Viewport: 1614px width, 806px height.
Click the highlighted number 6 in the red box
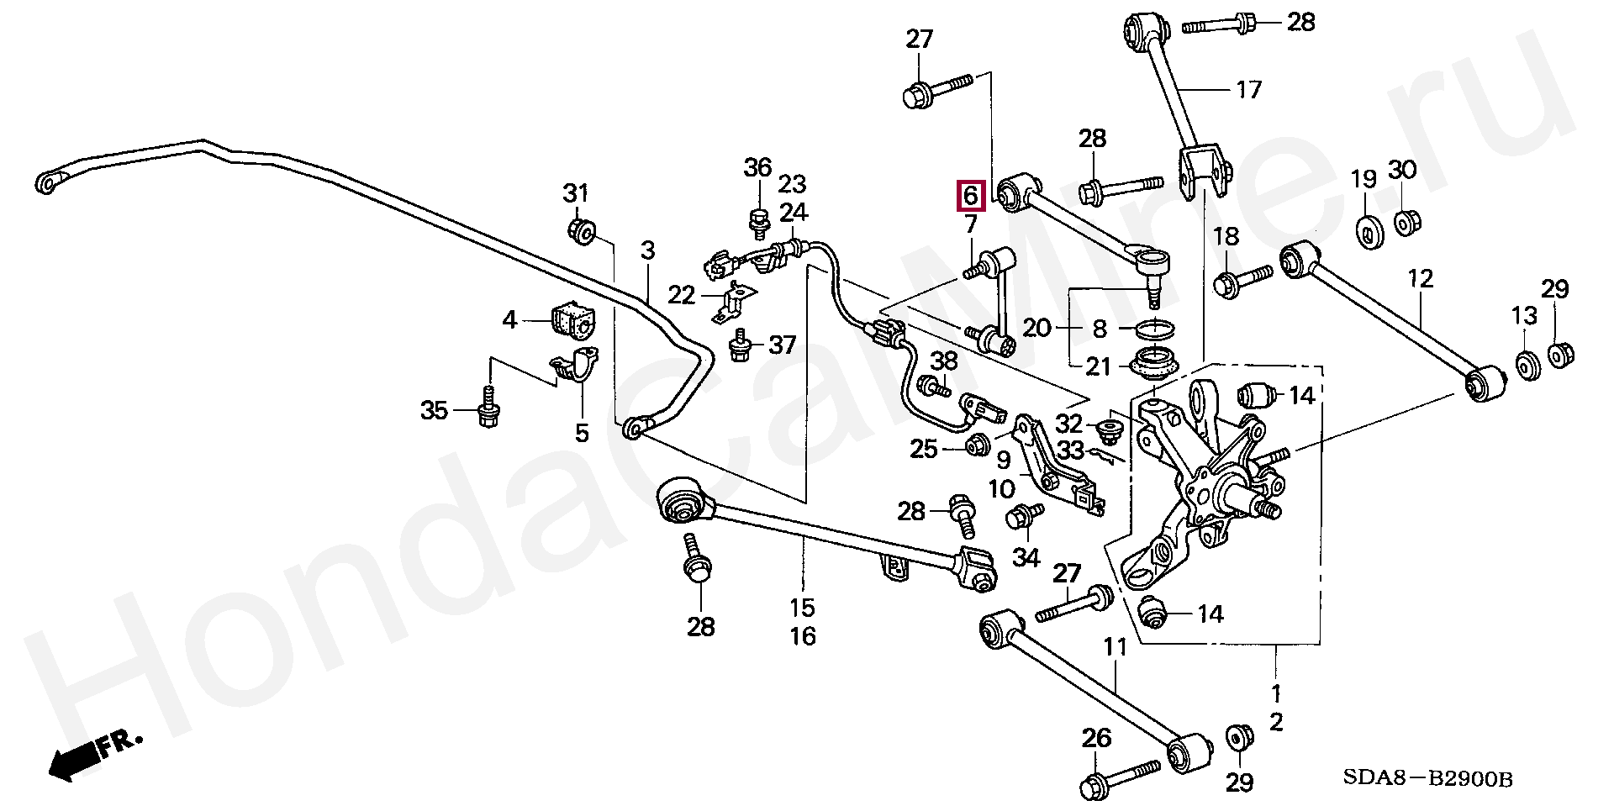tap(970, 196)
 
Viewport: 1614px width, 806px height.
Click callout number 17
tap(1249, 89)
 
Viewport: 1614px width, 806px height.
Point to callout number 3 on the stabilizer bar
tap(647, 250)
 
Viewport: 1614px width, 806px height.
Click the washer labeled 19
tap(1371, 231)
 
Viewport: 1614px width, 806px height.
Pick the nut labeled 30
tap(1403, 224)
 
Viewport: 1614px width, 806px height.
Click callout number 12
tap(1421, 279)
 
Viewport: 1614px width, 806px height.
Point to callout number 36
tap(757, 167)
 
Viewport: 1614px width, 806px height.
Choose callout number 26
tap(1096, 739)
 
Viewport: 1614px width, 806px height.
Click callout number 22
tap(682, 295)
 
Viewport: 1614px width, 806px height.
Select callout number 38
tap(945, 361)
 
